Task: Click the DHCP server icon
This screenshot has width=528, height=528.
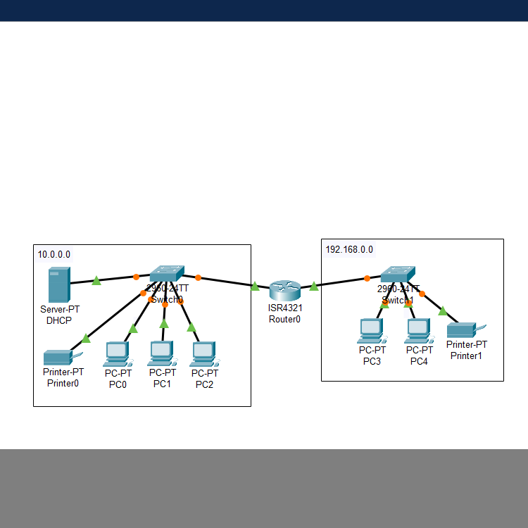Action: [58, 285]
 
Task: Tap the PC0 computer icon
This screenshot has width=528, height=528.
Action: [118, 354]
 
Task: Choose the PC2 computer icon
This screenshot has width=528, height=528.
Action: [204, 354]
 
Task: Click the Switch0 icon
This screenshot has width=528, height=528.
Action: [167, 272]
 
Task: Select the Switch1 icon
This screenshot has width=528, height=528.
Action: [398, 275]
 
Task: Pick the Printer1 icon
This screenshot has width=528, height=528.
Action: [465, 329]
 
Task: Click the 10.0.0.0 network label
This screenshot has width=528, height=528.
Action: [54, 254]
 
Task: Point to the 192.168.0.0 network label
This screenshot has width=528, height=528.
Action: [349, 249]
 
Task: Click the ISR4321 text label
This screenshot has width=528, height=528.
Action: [284, 308]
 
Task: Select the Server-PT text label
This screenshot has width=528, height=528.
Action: [59, 309]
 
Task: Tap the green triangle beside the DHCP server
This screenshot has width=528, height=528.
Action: [96, 281]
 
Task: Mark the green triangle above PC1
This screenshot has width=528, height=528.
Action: [164, 323]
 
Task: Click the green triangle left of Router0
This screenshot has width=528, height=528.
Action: [255, 285]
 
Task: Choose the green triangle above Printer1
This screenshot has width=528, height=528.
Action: [442, 310]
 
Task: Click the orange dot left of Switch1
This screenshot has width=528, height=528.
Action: [367, 278]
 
